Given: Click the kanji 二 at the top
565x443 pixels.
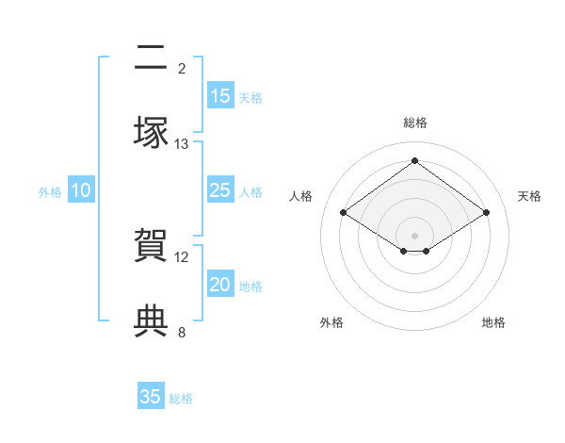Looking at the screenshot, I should (x=151, y=58).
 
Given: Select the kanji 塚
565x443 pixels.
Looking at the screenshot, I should (x=151, y=133).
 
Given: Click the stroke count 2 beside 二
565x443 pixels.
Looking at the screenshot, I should (x=182, y=68).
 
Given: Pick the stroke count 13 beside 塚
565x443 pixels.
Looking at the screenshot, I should (x=182, y=143).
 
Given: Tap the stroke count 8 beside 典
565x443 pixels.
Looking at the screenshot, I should (x=182, y=331).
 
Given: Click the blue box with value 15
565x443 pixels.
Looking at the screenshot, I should (x=219, y=96).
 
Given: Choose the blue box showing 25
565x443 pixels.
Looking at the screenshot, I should (x=219, y=190).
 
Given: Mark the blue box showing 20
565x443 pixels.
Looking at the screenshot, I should (x=219, y=285).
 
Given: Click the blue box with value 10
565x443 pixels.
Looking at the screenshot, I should (x=81, y=190).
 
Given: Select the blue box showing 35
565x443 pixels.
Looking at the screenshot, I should (x=151, y=397).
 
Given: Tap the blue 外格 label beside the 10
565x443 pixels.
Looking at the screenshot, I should (x=50, y=192).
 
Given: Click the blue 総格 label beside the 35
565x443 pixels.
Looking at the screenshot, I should (x=181, y=399).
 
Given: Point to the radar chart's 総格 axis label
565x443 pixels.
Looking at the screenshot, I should (x=415, y=123).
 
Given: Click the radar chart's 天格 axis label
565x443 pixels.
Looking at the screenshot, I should (x=529, y=196).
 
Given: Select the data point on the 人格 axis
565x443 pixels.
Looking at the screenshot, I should (x=344, y=213).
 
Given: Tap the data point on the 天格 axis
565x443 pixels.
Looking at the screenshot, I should (x=487, y=213).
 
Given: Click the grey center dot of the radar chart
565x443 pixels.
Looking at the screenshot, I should (x=415, y=235).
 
